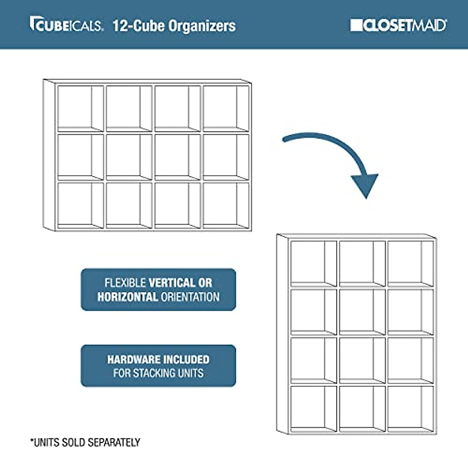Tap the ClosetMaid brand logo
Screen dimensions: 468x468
pyautogui.click(x=398, y=25)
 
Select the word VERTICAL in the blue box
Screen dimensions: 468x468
pyautogui.click(x=172, y=283)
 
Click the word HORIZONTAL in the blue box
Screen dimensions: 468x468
pyautogui.click(x=128, y=297)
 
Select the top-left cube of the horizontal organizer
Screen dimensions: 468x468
pyautogui.click(x=80, y=108)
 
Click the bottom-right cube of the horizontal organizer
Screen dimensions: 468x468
pyautogui.click(x=226, y=205)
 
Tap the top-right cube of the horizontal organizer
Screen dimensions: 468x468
pyautogui.click(x=226, y=108)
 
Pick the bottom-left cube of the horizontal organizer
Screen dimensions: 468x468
pyautogui.click(x=80, y=205)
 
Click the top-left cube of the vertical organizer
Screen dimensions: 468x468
pyautogui.click(x=313, y=264)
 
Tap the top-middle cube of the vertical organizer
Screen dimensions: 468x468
pyautogui.click(x=362, y=264)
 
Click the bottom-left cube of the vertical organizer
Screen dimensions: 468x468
pyautogui.click(x=313, y=408)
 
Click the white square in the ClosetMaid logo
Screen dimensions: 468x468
pyautogui.click(x=356, y=25)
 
